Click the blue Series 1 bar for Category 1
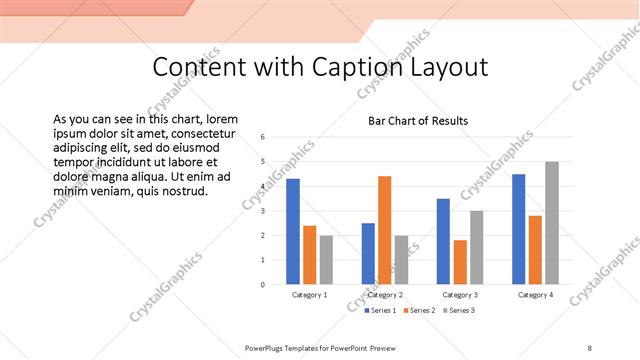293,231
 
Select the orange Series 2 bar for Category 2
385,230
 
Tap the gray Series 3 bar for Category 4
551,223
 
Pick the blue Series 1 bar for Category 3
443,241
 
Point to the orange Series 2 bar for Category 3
460,262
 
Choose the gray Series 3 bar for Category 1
326,260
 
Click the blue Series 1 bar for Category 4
518,229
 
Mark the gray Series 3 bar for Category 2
401,260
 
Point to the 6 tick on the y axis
262,137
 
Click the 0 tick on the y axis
262,285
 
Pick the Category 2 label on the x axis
385,296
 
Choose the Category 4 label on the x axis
535,296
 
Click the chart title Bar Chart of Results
418,121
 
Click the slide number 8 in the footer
590,346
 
